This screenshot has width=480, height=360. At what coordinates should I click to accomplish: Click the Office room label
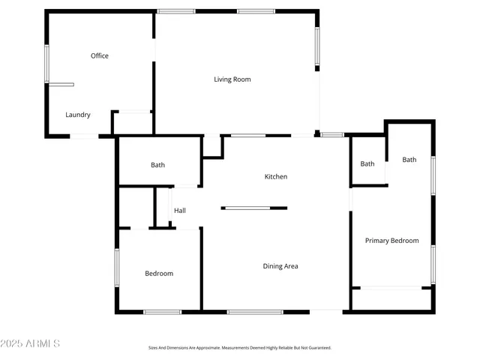[x=100, y=55]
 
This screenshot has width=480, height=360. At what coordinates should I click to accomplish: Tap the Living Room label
[x=232, y=79]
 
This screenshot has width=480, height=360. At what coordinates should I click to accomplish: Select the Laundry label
[x=78, y=115]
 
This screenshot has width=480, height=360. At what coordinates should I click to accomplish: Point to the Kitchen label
[x=275, y=177]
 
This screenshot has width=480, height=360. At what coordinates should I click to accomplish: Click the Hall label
[x=180, y=211]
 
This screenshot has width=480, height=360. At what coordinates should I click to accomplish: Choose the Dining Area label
[x=280, y=266]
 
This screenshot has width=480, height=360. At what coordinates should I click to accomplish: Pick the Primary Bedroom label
[x=391, y=241]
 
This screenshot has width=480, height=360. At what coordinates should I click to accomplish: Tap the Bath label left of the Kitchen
[x=157, y=165]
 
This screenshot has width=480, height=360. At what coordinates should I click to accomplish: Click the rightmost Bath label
[x=409, y=159]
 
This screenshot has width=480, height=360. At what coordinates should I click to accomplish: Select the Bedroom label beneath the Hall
[x=159, y=274]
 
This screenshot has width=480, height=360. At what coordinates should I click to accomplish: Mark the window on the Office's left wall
[x=46, y=64]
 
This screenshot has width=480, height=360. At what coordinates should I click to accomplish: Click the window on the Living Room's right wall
[x=317, y=48]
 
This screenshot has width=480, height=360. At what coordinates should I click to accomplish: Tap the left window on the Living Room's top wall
[x=176, y=11]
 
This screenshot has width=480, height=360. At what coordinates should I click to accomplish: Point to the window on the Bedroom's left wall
[x=116, y=268]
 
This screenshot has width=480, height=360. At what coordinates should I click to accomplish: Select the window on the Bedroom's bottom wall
[x=162, y=311]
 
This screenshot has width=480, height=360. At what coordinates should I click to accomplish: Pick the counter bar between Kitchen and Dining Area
[x=254, y=208]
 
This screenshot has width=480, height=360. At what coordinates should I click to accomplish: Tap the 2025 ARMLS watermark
[x=30, y=343]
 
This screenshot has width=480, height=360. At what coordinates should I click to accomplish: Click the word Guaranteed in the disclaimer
[x=318, y=348]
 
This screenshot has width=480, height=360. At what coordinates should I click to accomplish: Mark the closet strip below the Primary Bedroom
[x=391, y=298]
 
